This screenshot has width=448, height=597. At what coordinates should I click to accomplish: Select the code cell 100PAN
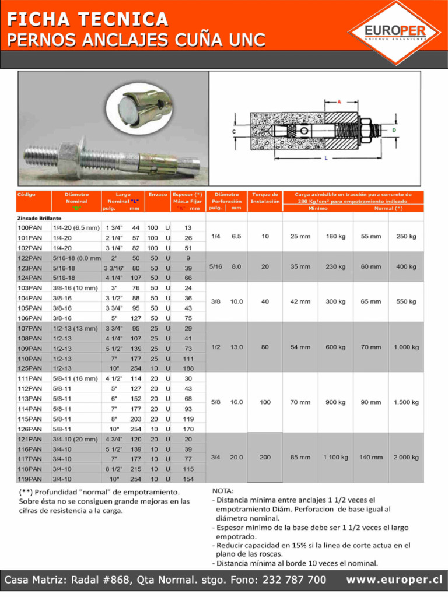click(30, 227)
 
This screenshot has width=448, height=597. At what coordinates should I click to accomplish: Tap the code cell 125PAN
click(30, 368)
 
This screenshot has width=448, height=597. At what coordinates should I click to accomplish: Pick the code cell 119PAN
click(30, 479)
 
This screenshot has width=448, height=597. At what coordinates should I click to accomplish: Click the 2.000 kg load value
click(405, 458)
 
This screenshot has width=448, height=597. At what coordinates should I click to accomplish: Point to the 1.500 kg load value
click(405, 402)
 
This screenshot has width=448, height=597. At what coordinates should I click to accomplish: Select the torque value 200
click(265, 458)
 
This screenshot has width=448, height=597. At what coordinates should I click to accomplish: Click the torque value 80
click(265, 347)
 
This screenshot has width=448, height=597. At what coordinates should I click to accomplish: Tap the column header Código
click(27, 194)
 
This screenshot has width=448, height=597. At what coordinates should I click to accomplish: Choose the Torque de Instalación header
click(265, 198)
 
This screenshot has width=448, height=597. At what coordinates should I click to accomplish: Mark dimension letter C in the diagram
click(234, 132)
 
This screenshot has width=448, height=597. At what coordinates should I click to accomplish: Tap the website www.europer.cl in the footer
click(394, 580)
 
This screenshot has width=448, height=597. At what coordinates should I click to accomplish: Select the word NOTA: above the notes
click(223, 491)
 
